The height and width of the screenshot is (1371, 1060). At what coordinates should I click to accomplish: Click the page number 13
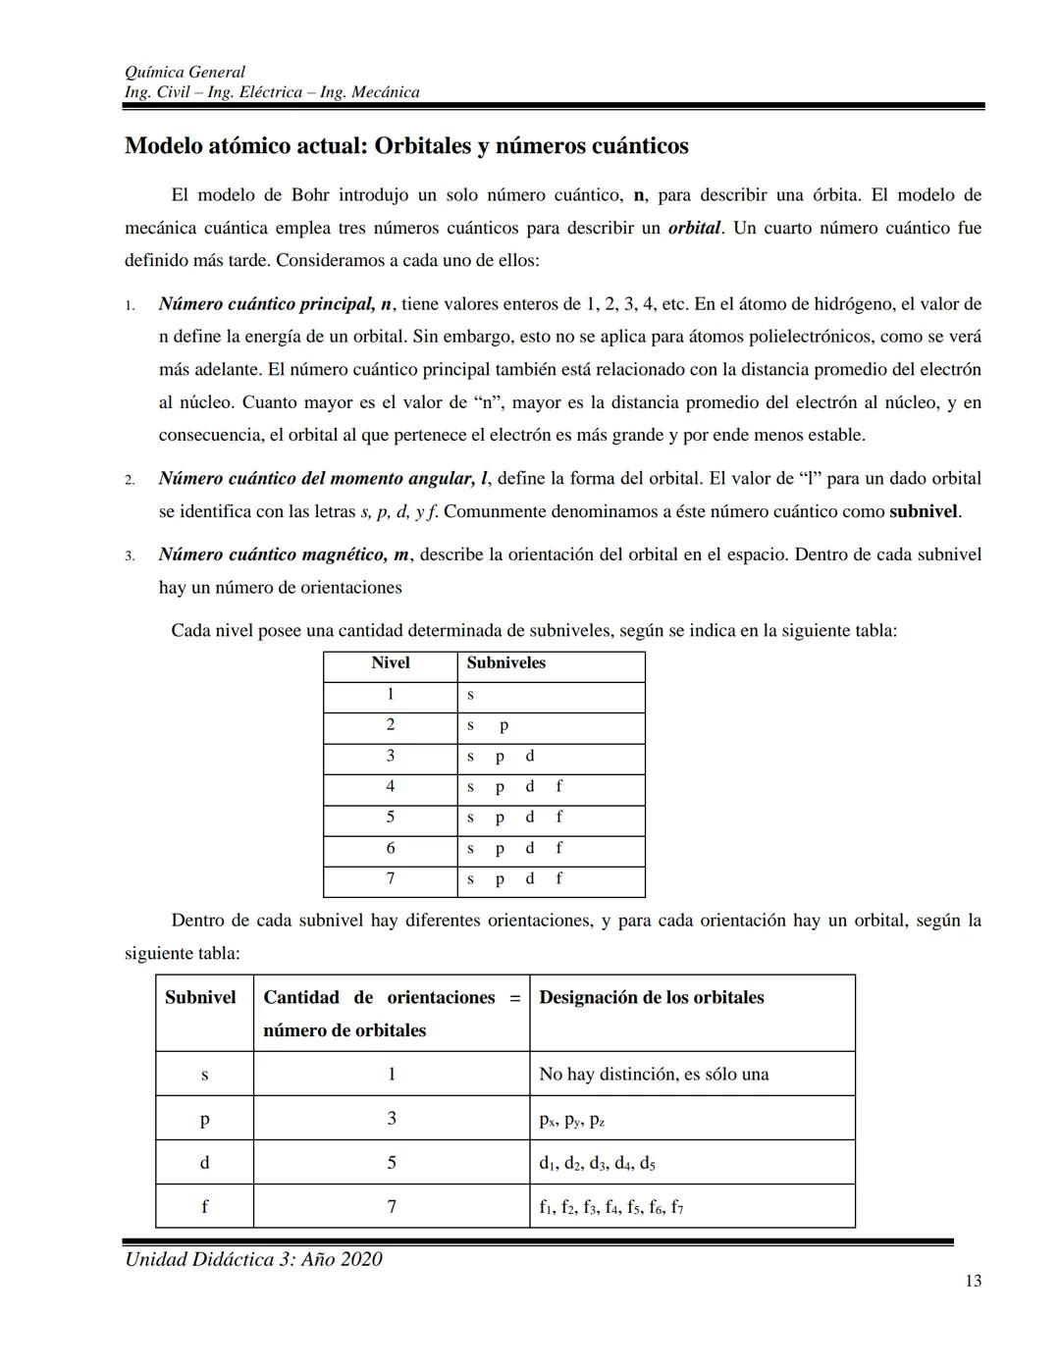[x=973, y=1281]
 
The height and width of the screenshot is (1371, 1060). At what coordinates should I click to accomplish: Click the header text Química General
[x=185, y=72]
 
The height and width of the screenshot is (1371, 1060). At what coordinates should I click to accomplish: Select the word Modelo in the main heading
[x=164, y=146]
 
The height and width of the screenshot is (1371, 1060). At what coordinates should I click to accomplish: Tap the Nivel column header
[x=390, y=663]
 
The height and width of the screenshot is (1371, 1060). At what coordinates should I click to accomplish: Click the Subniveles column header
[x=505, y=663]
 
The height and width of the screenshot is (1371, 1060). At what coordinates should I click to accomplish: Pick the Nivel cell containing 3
[x=390, y=756]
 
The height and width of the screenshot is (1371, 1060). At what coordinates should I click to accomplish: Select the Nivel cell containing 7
[x=390, y=878]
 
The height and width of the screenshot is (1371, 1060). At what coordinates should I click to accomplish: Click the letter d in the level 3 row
[x=530, y=756]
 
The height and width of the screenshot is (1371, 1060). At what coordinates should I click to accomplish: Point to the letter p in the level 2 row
[x=503, y=726]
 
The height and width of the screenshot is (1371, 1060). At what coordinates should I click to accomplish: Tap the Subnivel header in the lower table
[x=200, y=998]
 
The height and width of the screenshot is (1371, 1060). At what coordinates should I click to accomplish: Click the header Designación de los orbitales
[x=651, y=998]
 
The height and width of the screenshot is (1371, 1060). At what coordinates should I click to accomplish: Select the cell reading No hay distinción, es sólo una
[x=654, y=1075]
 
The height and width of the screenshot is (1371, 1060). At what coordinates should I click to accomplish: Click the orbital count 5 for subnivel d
[x=391, y=1163]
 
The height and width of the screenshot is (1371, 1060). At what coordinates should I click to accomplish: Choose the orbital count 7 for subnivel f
[x=391, y=1207]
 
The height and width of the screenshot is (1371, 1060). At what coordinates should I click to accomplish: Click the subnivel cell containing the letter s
[x=204, y=1075]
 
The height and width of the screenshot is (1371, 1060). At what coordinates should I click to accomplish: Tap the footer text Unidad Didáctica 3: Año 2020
[x=253, y=1259]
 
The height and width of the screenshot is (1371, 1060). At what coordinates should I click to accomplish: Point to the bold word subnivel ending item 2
[x=923, y=511]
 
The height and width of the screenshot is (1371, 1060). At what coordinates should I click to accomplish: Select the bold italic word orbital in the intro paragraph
[x=694, y=229]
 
